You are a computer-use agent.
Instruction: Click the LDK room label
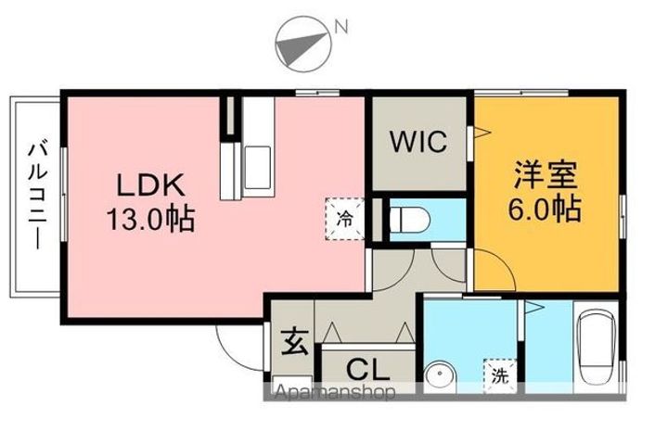154,184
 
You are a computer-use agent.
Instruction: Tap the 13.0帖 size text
154,221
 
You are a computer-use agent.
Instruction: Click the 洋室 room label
546,175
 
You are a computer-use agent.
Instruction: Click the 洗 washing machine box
500,375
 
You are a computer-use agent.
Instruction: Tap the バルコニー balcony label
38,195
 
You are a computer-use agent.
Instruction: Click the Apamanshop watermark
334,392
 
